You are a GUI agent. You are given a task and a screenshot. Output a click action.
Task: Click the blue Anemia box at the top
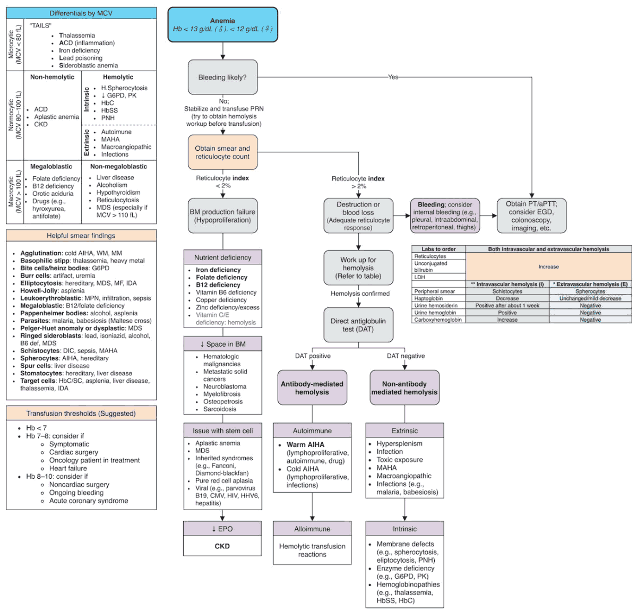(x=222, y=25)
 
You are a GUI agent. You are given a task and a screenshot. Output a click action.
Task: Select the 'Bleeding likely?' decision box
(x=222, y=78)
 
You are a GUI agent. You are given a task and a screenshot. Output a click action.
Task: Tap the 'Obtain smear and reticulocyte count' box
(x=222, y=152)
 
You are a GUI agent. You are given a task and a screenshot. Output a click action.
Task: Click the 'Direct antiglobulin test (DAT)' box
(x=358, y=325)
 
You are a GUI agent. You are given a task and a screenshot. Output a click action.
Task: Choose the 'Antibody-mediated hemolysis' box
(x=312, y=388)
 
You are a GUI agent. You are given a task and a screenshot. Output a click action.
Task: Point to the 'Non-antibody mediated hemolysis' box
(x=404, y=388)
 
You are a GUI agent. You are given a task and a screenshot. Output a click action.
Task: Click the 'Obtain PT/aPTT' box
(x=531, y=216)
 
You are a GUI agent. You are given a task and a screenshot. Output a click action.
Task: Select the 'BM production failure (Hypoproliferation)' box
(x=222, y=216)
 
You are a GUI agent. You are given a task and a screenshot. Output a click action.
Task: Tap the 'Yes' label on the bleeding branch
(x=393, y=77)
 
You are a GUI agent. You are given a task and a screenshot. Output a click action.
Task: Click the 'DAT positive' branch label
(x=313, y=356)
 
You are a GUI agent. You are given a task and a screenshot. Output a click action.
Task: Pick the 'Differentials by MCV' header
(x=81, y=13)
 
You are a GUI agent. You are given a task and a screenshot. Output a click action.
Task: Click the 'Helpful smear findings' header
(x=81, y=236)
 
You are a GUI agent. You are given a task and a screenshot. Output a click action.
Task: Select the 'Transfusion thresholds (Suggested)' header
(x=81, y=414)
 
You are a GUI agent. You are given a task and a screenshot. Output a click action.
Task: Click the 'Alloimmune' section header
(x=312, y=529)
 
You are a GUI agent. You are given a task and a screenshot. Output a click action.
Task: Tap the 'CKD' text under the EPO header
(x=222, y=546)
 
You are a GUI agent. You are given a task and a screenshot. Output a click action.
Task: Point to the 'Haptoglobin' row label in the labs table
(x=428, y=298)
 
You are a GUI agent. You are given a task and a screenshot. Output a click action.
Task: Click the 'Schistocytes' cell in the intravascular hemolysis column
(x=507, y=291)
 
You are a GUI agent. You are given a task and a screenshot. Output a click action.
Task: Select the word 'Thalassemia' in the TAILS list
(x=77, y=36)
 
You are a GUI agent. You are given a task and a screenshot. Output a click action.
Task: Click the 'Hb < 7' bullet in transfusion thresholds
(x=37, y=428)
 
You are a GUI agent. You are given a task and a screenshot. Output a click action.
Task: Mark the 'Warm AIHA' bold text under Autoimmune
(x=305, y=445)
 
